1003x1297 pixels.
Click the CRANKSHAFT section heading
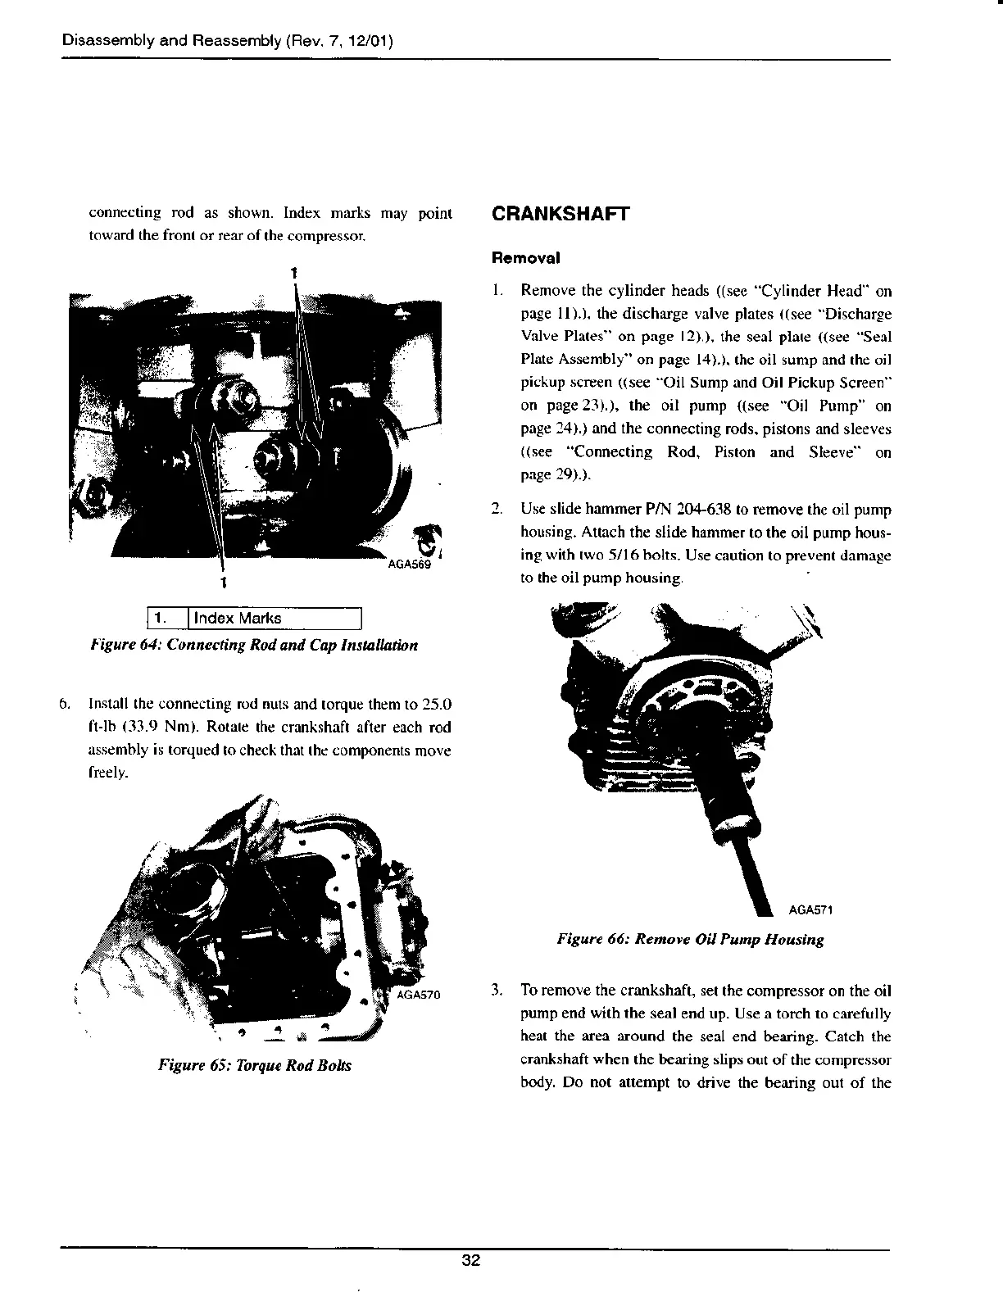point(560,215)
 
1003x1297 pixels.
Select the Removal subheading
point(525,257)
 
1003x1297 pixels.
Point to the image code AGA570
point(418,995)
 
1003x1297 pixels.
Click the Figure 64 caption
point(254,645)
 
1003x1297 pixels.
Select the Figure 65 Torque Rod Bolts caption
point(255,1066)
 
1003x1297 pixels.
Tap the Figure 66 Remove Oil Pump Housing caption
point(690,939)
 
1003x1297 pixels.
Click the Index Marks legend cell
point(275,619)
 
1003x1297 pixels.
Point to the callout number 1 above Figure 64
point(293,271)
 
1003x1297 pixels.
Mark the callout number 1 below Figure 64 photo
point(223,583)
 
